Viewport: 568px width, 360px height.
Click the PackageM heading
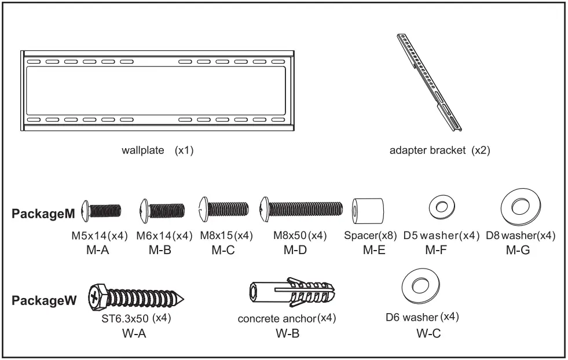click(43, 214)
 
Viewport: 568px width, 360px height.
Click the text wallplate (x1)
click(157, 150)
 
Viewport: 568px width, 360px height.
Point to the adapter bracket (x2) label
click(440, 150)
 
